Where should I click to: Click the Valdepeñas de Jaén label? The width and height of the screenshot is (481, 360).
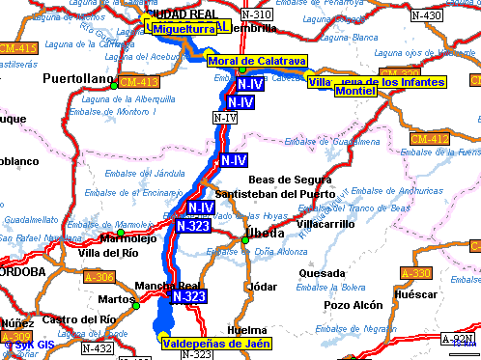pyautogui.click(x=216, y=343)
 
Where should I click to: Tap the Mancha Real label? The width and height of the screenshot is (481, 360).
pyautogui.click(x=166, y=286)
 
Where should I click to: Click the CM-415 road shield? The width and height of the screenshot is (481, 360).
pyautogui.click(x=18, y=47)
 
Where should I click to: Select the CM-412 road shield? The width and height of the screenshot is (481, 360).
pyautogui.click(x=429, y=140)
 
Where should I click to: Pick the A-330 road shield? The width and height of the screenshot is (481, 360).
pyautogui.click(x=414, y=273)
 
